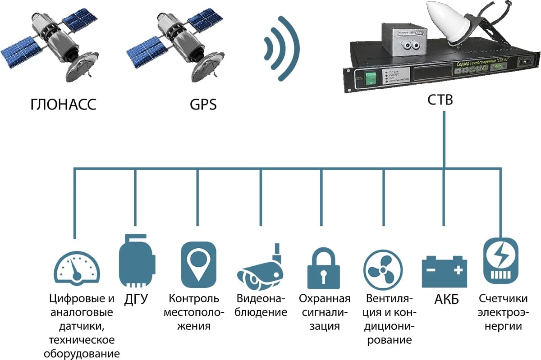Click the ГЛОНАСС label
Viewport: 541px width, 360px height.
64,105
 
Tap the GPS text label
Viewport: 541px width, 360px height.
203,105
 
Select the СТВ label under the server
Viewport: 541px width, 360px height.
440,100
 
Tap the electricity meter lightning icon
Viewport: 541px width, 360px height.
500,261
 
